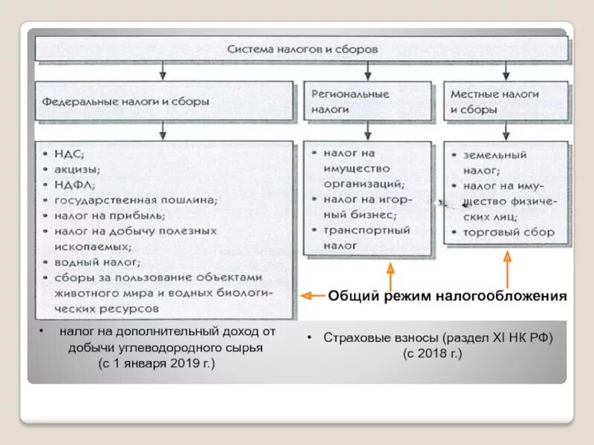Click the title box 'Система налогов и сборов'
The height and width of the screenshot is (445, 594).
(x=302, y=50)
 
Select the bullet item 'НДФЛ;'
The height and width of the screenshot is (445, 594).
(x=74, y=185)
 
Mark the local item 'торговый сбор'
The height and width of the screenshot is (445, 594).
(x=510, y=232)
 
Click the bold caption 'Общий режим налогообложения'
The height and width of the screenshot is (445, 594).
(x=448, y=297)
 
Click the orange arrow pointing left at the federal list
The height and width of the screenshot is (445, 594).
(x=311, y=295)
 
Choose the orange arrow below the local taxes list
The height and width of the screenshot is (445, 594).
(x=508, y=267)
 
